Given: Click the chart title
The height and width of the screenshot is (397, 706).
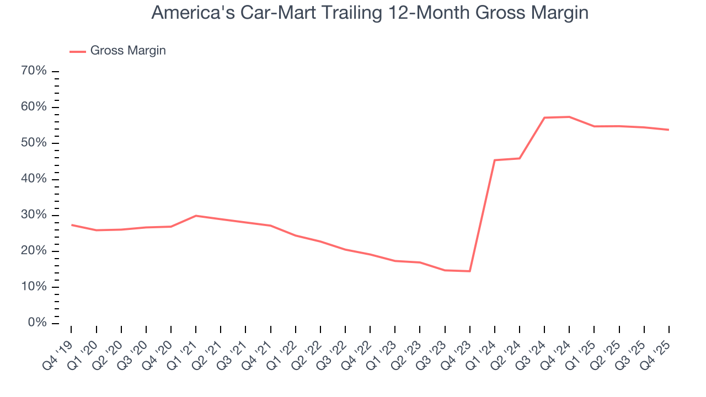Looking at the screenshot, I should coord(370,13).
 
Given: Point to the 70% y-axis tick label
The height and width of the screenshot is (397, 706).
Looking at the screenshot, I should coord(34,71).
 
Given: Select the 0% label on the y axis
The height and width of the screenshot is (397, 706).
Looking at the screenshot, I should coord(37,323).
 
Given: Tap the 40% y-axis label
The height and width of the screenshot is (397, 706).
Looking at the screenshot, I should coord(34,179).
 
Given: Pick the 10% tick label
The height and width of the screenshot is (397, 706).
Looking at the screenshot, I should coord(34,287).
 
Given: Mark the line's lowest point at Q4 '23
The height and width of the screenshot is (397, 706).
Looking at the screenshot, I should coord(469,271).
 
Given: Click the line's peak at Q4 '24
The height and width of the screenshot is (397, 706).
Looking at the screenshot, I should coord(569,117).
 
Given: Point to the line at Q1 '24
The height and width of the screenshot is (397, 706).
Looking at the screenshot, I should coord(494,160).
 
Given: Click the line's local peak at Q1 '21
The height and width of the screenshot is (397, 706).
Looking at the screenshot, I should coord(196,216).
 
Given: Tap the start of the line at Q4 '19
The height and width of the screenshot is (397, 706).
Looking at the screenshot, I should coord(72,225).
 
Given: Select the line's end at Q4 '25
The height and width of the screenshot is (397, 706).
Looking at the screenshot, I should coord(668,130).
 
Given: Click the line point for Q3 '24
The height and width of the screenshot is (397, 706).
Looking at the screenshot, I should coord(544,117).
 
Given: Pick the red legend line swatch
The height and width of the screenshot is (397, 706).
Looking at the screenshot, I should coord(78,51).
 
